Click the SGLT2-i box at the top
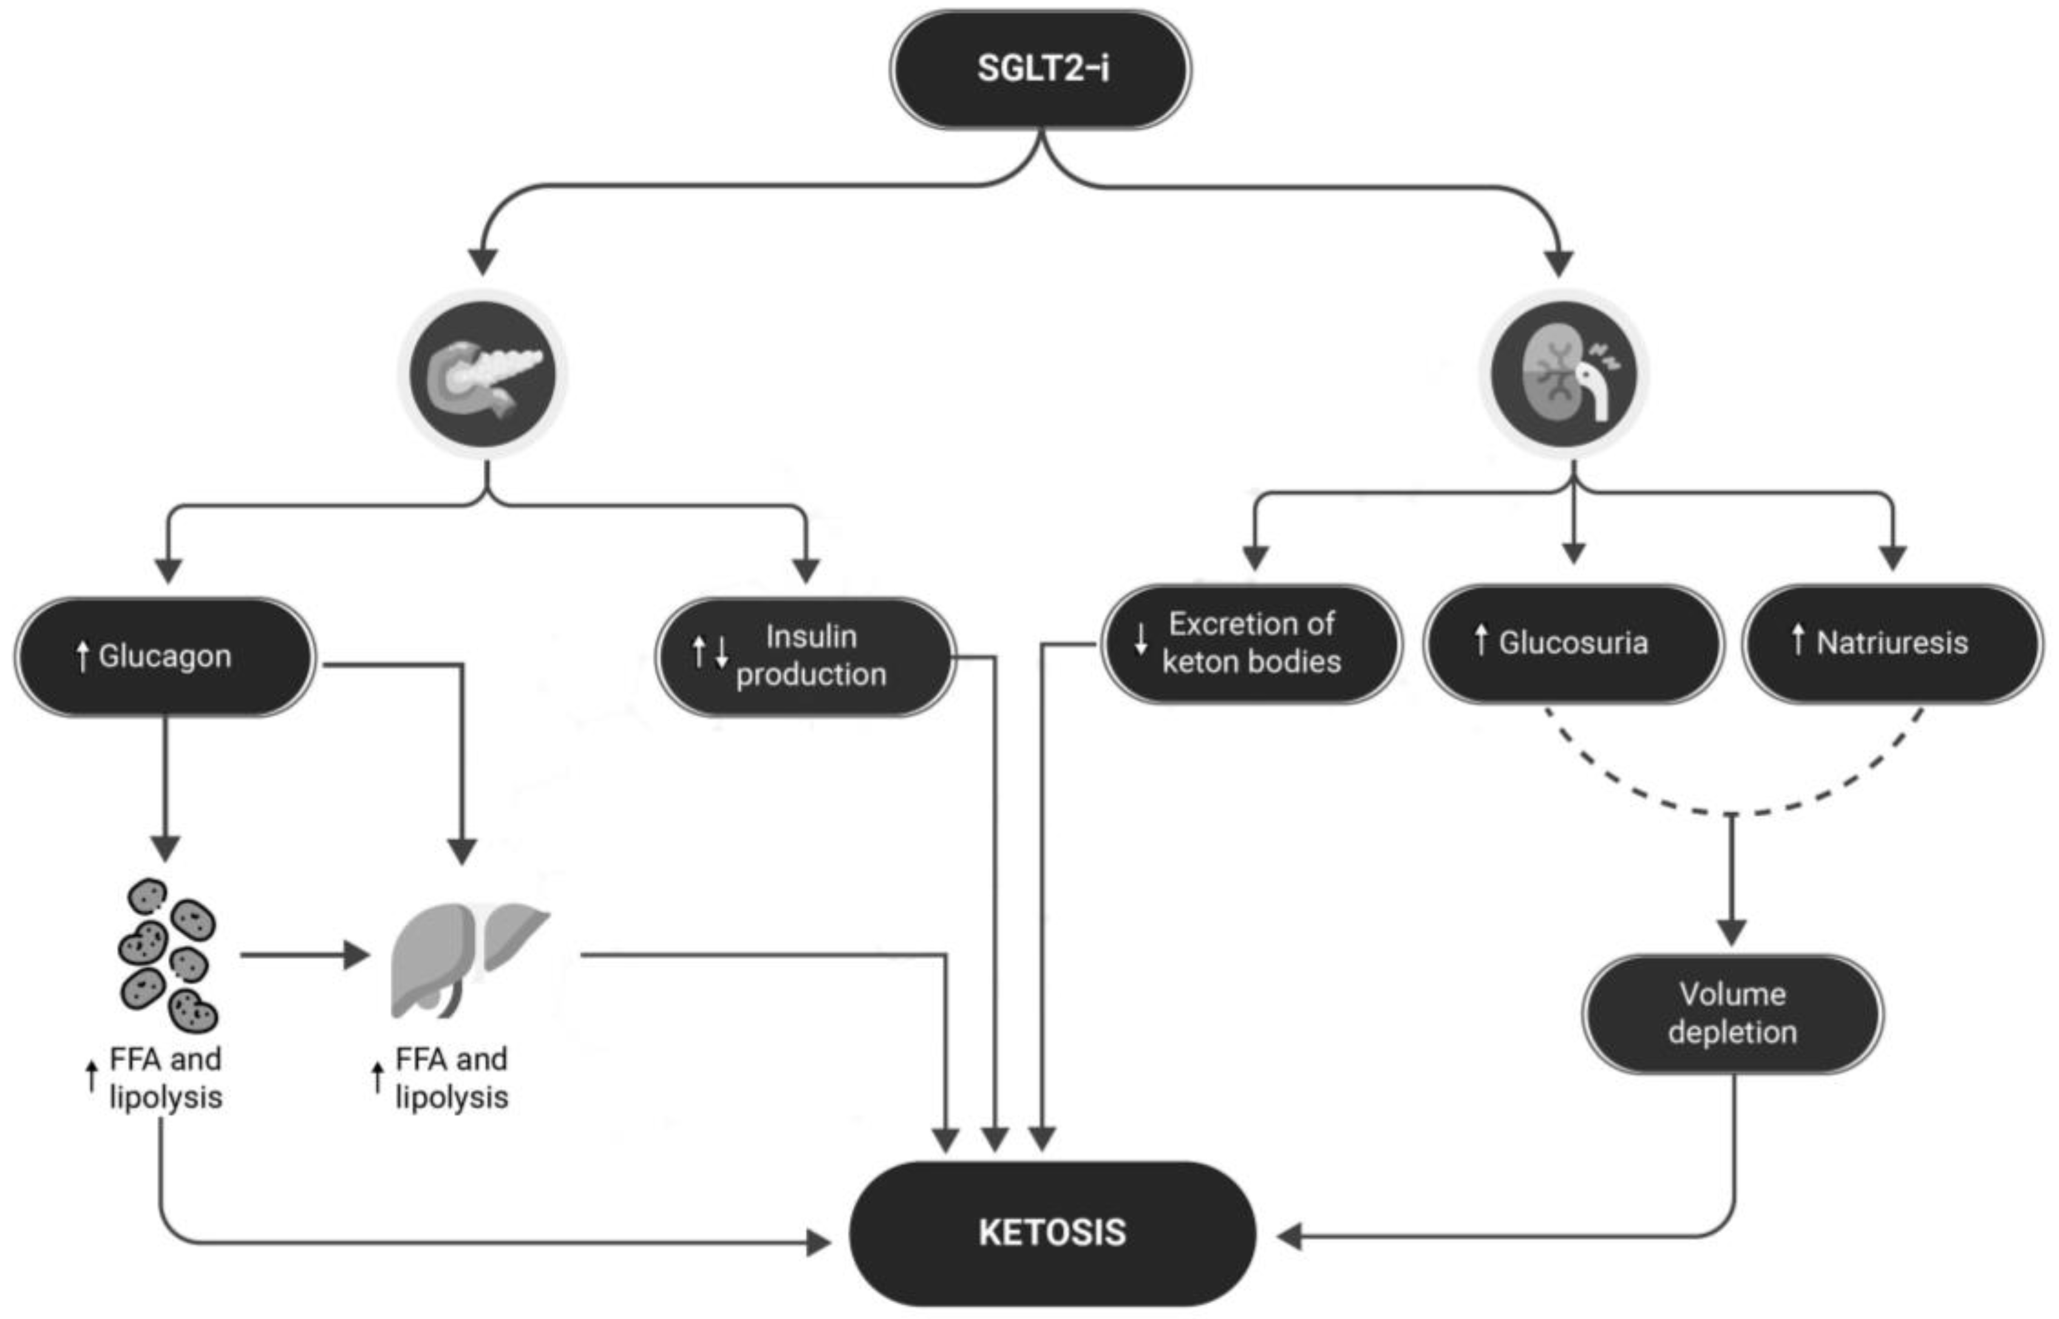pos(1040,69)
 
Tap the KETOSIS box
pos(1052,1233)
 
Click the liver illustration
pos(466,959)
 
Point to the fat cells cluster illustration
pos(168,955)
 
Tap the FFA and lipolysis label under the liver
pos(451,1079)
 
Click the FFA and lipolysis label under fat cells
pos(165,1079)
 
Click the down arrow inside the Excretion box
pos(1140,641)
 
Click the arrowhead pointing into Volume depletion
pos(1732,932)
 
